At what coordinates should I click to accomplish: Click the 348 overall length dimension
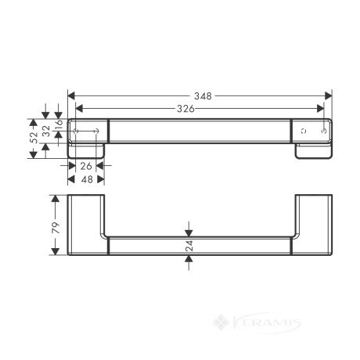click(x=203, y=96)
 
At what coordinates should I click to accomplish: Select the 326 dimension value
click(x=185, y=109)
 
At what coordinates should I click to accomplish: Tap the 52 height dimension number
click(x=34, y=137)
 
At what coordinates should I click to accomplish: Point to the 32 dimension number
click(x=46, y=131)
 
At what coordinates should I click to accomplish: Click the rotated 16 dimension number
click(x=59, y=124)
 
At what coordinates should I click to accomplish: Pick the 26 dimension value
click(x=86, y=166)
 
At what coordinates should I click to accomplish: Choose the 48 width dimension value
click(x=87, y=179)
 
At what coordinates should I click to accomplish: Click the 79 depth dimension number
click(x=56, y=228)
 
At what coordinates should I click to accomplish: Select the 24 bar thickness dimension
click(x=189, y=246)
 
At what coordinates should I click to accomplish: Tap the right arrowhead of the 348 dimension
click(x=328, y=96)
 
